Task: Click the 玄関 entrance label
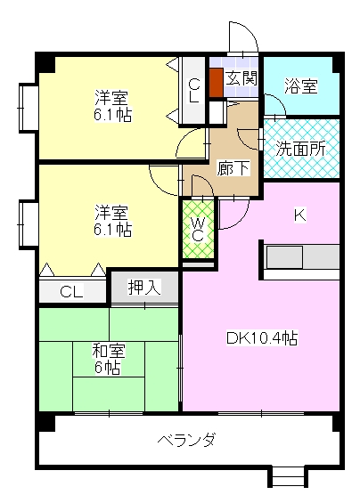pos(241,78)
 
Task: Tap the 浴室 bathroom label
pos(301,86)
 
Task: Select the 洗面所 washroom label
pos(301,149)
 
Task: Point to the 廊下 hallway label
pos(233,168)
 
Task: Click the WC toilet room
pos(198,229)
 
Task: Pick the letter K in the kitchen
pos(300,215)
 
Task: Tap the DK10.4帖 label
pos(262,337)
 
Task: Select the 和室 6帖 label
pos(108,359)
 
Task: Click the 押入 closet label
pos(144,287)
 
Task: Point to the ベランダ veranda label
pos(186,439)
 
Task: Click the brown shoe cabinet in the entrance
pos(217,83)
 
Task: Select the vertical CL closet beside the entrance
pos(193,91)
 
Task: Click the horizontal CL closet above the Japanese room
pos(72,290)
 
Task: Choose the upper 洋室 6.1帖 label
pos(112,106)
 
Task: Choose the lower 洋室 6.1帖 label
pos(112,221)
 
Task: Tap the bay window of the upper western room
pos(29,108)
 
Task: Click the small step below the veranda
pos(288,478)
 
